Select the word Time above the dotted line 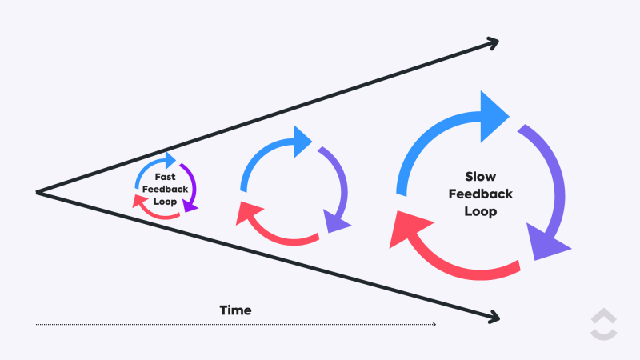(x=235, y=310)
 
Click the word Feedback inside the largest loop (x=481, y=194)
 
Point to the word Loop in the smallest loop (x=165, y=202)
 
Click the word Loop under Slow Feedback (x=481, y=212)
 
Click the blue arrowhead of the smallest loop (x=170, y=158)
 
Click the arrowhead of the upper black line (x=491, y=42)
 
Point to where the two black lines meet (x=38, y=192)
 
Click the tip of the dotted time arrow (x=434, y=324)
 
